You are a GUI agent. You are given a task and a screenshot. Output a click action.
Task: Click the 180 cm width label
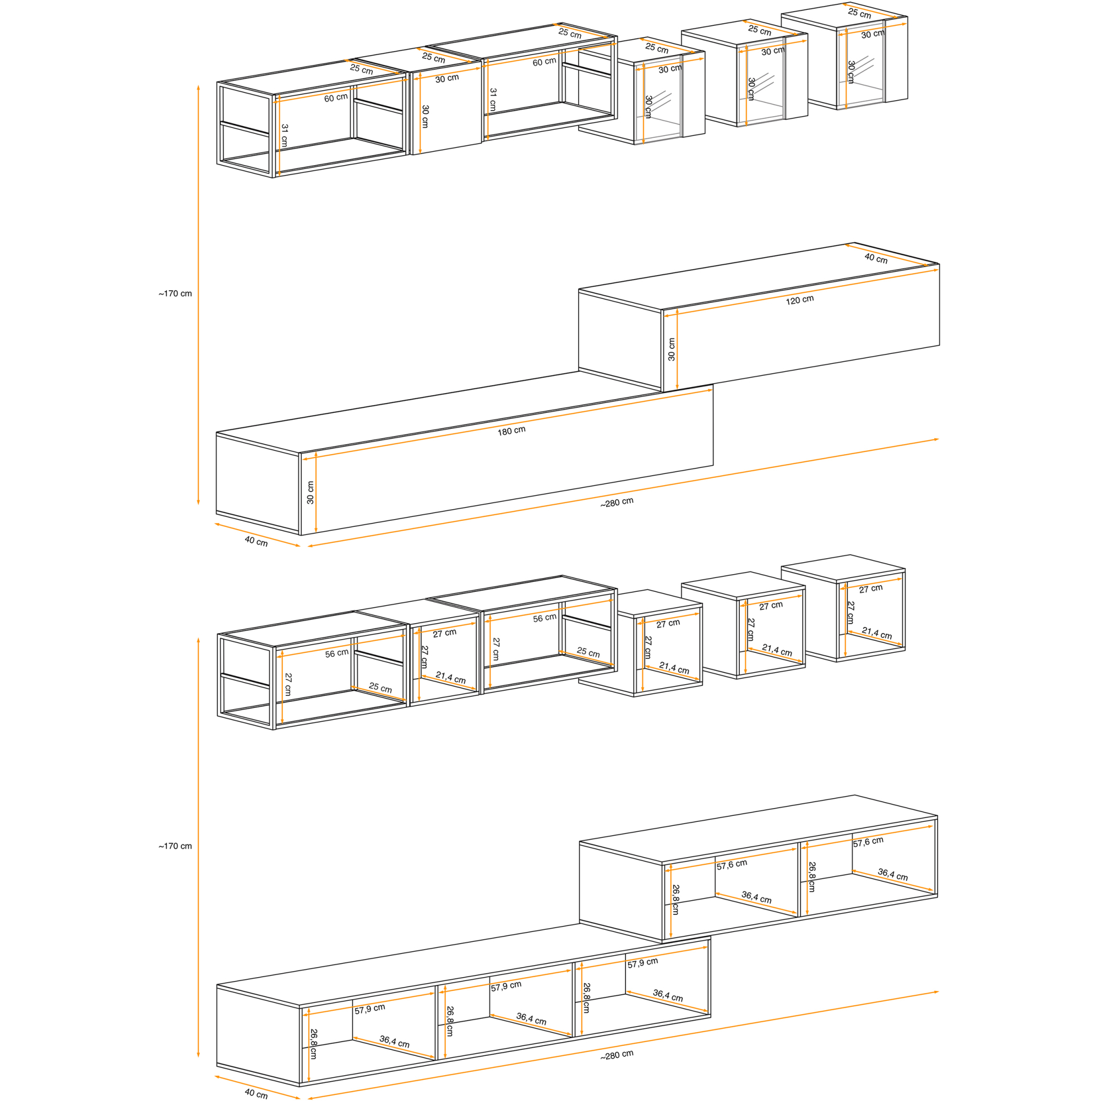click(x=511, y=431)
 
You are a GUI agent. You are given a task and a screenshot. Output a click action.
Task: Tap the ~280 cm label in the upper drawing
click(x=617, y=503)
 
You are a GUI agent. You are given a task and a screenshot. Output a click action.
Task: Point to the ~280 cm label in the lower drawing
click(x=617, y=1055)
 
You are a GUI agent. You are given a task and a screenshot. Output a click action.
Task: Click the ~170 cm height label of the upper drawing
click(x=175, y=294)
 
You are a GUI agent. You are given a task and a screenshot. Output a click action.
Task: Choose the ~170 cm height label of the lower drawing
click(x=175, y=846)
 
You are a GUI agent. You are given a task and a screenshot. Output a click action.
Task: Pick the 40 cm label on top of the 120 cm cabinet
click(x=876, y=258)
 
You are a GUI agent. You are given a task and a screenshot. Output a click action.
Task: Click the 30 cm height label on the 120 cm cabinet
click(x=671, y=350)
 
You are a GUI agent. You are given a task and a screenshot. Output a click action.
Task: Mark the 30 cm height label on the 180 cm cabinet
click(x=310, y=492)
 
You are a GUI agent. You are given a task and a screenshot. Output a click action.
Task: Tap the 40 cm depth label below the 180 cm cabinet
click(x=256, y=541)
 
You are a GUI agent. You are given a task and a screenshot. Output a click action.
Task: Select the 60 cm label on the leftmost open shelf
click(x=336, y=97)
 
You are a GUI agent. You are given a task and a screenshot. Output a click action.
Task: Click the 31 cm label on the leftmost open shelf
click(x=285, y=135)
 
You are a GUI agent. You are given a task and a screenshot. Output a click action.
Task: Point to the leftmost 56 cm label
click(x=337, y=653)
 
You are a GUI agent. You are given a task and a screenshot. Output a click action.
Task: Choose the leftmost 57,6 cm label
click(x=732, y=864)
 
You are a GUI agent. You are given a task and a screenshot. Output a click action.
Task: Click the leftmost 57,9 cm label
click(x=370, y=1009)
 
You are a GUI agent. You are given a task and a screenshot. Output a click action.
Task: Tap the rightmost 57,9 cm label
click(x=643, y=963)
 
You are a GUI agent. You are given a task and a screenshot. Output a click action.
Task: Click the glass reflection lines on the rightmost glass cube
click(x=867, y=67)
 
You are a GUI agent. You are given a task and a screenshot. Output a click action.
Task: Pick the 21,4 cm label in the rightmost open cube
click(x=876, y=633)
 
